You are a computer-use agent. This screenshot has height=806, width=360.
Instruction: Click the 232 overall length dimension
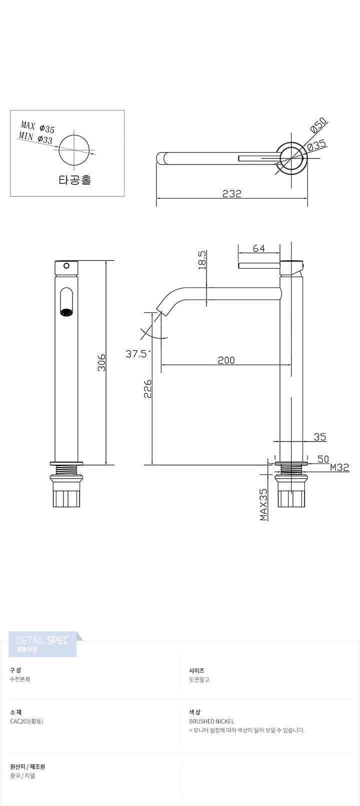(231, 193)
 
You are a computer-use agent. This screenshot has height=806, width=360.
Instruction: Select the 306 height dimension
(102, 362)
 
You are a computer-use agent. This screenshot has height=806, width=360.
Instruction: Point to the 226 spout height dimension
(147, 388)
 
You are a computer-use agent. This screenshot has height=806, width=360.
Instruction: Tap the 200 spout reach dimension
(226, 360)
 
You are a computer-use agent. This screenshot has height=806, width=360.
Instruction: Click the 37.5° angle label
(137, 353)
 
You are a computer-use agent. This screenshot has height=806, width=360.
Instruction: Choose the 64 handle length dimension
(259, 248)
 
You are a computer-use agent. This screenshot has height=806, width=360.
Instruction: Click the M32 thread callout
(340, 467)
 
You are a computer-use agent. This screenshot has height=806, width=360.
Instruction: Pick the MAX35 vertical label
(263, 504)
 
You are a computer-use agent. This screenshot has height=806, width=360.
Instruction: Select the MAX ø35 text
(38, 127)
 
